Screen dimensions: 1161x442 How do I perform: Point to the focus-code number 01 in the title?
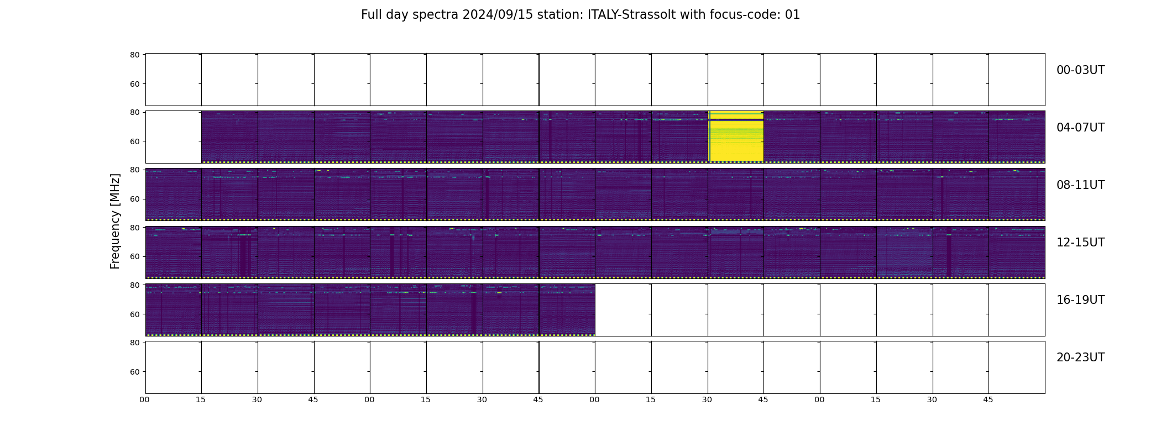point(792,15)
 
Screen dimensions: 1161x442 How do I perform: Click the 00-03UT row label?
point(1080,70)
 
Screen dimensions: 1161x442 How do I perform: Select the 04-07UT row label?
point(1080,128)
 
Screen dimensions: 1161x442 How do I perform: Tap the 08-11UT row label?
point(1080,185)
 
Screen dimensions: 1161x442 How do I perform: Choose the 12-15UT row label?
point(1080,243)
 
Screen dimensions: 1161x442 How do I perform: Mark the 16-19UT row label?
point(1080,300)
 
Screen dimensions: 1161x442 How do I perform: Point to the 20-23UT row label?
point(1080,357)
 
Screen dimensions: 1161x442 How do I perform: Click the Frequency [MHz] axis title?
point(115,221)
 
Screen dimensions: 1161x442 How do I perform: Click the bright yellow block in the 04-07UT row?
point(736,136)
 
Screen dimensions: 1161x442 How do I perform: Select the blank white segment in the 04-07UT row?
point(174,137)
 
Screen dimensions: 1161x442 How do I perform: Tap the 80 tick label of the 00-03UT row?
point(134,55)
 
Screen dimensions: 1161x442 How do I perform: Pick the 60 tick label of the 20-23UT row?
point(134,372)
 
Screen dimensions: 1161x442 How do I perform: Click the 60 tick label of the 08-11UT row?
point(134,199)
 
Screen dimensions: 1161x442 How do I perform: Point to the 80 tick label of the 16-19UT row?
point(134,285)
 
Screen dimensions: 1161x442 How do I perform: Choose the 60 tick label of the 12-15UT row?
point(134,256)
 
